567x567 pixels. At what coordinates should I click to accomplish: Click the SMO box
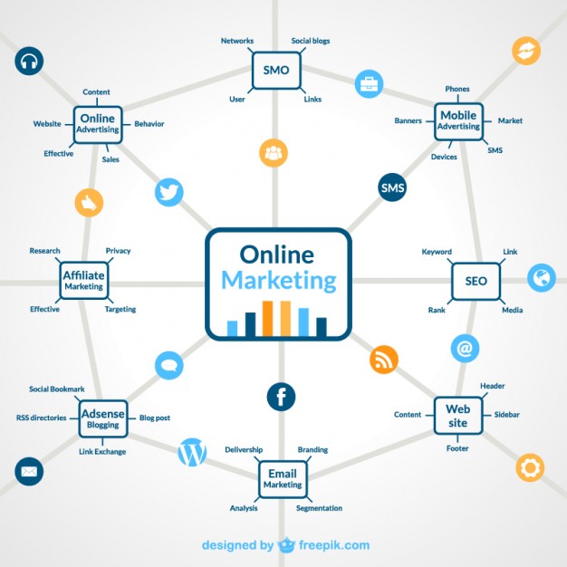(276, 70)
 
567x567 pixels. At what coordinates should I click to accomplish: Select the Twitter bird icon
(168, 192)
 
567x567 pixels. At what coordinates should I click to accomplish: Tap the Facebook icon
(281, 397)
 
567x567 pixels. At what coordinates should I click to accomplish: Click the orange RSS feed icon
(384, 360)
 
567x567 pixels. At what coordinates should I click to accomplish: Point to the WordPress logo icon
(192, 452)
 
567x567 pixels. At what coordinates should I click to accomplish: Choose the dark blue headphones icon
(29, 61)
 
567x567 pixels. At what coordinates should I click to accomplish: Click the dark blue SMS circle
(392, 187)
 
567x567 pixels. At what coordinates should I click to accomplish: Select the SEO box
(476, 281)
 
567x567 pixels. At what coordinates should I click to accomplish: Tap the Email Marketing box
(283, 479)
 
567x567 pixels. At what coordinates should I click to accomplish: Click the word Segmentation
(319, 508)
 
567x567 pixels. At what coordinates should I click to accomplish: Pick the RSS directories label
(42, 418)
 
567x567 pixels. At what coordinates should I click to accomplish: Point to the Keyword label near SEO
(437, 252)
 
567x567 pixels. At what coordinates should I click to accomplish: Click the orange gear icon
(530, 467)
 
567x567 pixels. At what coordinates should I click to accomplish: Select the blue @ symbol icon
(465, 348)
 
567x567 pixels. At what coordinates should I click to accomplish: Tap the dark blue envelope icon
(29, 472)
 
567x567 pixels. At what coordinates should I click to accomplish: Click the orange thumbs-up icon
(89, 203)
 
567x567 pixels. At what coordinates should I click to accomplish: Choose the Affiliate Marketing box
(84, 281)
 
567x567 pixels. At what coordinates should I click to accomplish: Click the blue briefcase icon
(369, 84)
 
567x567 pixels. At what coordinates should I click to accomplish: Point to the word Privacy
(118, 251)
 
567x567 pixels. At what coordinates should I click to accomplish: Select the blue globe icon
(542, 278)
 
